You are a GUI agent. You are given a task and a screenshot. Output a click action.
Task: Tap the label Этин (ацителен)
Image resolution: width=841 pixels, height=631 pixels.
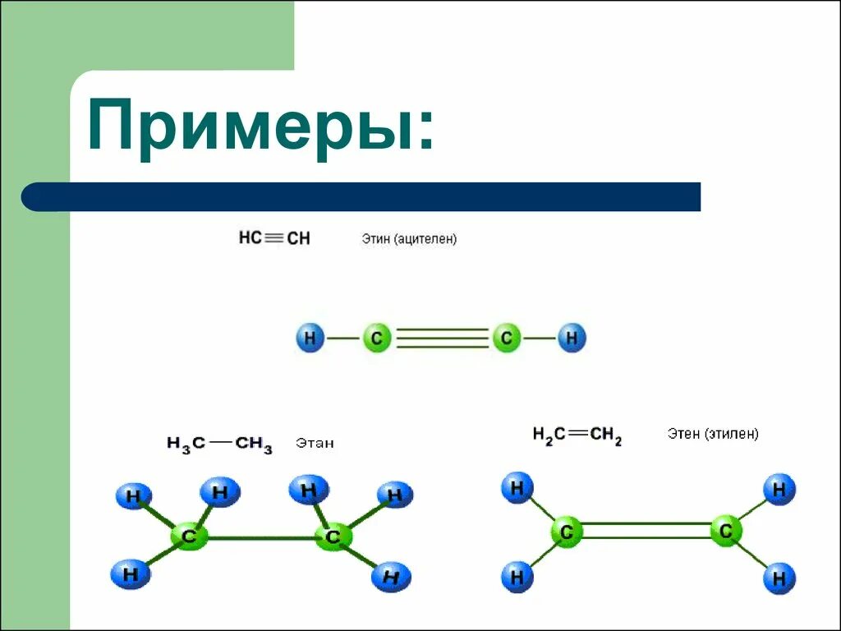[x=409, y=239]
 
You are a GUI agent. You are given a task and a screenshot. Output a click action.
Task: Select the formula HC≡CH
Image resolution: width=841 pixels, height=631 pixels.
[x=274, y=238]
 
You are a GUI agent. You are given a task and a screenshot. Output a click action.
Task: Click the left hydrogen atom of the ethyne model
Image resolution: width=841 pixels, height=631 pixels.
[x=310, y=338]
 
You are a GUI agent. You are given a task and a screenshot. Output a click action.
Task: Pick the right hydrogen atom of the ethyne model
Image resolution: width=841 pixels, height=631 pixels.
[x=572, y=338]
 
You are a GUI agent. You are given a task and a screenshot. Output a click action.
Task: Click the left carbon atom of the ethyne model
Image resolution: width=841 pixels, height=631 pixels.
[x=377, y=338]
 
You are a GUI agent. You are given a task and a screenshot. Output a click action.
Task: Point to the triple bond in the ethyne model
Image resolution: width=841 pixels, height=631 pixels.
[x=442, y=338]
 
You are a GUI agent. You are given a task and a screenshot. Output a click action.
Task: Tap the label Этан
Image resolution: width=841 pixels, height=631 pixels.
[x=315, y=444]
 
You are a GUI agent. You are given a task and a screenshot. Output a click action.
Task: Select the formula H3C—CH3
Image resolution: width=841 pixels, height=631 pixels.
[x=219, y=444]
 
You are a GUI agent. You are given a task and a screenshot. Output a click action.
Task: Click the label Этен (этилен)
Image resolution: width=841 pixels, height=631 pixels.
[x=713, y=434]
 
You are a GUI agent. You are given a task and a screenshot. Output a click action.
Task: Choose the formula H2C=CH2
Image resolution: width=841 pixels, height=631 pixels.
[x=577, y=435]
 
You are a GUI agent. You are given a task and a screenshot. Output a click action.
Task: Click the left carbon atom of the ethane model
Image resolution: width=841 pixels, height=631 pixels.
[x=190, y=537]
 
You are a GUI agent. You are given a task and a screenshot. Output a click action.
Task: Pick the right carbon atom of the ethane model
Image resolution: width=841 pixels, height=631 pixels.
[x=333, y=537]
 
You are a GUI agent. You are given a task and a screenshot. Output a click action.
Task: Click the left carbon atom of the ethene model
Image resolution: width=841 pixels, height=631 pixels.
[x=566, y=532]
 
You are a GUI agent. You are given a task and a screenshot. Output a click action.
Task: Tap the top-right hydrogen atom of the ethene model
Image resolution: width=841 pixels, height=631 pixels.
[x=779, y=491]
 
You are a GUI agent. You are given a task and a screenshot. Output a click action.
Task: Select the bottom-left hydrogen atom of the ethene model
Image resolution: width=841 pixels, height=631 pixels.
[x=517, y=578]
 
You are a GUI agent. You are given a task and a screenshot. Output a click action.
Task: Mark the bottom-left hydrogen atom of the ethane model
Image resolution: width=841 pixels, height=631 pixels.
[x=131, y=573]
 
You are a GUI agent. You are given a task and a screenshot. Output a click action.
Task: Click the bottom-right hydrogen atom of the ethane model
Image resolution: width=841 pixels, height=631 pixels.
[x=391, y=578]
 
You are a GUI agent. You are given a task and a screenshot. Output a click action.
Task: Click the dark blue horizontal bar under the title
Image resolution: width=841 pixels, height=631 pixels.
[x=361, y=197]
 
